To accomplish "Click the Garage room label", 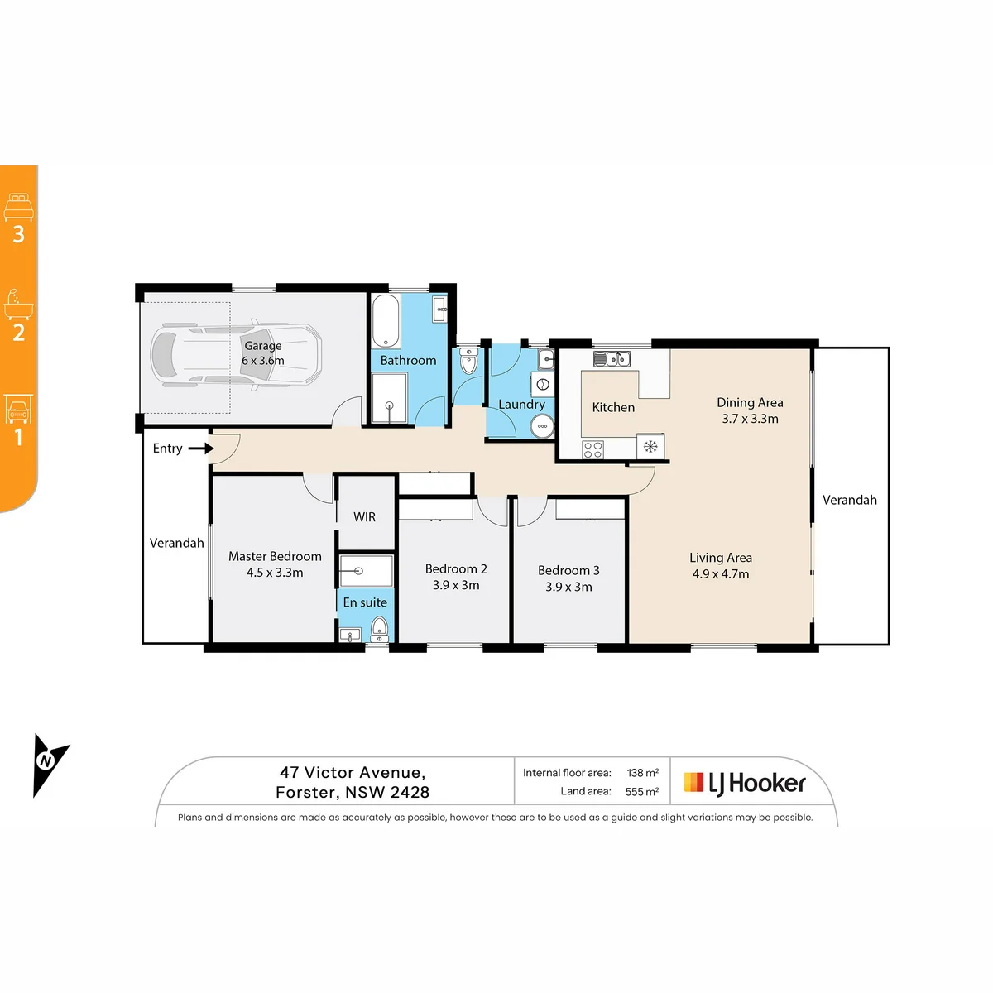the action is [263, 346].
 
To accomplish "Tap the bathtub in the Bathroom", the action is [386, 320].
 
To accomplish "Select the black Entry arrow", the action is [201, 449].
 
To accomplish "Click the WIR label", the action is [364, 517].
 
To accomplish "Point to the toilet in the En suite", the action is [380, 630].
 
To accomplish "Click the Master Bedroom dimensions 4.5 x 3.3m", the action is [275, 573].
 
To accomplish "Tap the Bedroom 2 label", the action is [456, 568].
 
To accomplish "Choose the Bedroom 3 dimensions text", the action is [568, 587].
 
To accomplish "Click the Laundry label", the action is [521, 405].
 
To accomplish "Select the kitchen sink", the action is [612, 358].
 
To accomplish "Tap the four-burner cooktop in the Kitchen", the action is [592, 449].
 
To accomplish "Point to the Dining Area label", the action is [750, 402].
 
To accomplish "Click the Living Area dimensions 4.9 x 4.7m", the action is [721, 574].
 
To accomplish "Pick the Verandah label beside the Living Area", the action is [849, 500].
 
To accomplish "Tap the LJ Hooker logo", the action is [744, 784].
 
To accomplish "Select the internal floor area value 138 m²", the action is [643, 772].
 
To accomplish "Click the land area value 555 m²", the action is [642, 792].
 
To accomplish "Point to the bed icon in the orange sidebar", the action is [18, 207].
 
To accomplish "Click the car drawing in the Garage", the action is [236, 356].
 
